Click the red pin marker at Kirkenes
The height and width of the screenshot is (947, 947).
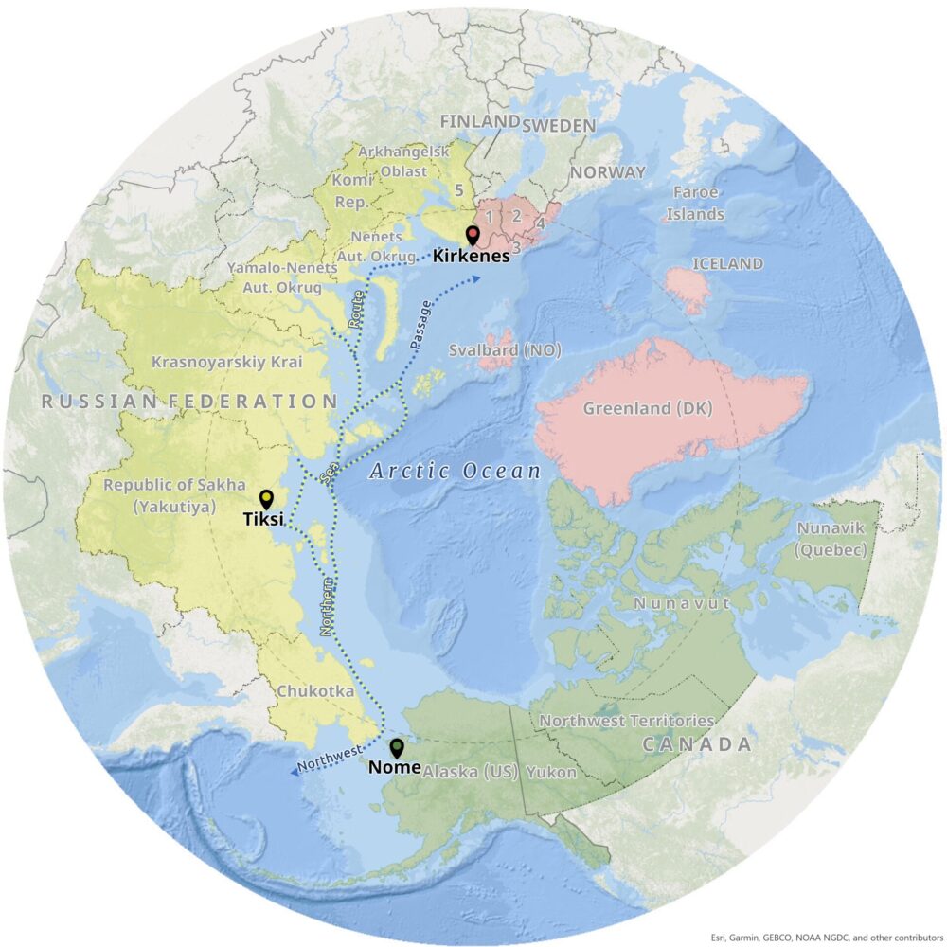473,236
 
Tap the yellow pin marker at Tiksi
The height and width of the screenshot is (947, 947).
266,498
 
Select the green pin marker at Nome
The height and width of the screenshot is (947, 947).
396,746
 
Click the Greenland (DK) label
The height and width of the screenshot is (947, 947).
647,408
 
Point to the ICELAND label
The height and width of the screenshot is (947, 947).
727,263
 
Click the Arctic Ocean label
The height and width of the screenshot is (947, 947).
455,471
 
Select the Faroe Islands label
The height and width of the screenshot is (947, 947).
694,203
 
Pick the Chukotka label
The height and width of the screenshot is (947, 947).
315,691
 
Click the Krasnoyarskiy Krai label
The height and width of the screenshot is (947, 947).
210,361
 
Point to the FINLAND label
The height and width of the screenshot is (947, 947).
480,121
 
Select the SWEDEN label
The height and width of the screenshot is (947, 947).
559,125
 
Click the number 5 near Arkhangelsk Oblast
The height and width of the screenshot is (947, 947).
458,189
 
